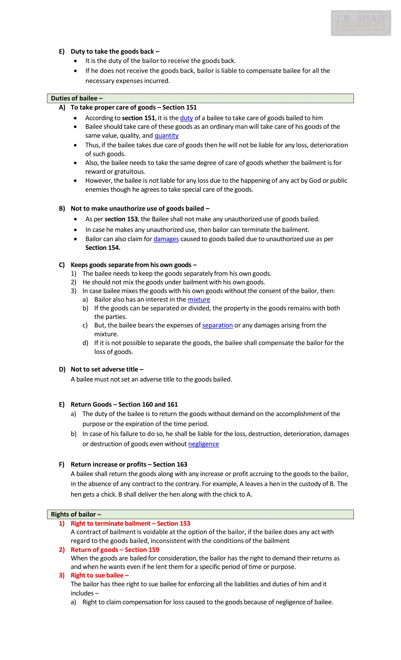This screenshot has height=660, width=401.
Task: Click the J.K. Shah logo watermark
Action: click(361, 23)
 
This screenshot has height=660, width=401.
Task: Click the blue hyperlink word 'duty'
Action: click(186, 118)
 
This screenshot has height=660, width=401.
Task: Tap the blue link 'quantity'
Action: click(166, 135)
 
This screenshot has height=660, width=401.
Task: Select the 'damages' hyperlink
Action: click(166, 239)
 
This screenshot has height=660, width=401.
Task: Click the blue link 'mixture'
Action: click(199, 299)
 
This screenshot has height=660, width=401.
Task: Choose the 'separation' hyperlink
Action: click(217, 325)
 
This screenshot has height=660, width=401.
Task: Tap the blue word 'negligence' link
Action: click(203, 444)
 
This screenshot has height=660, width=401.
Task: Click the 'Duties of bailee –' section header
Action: click(77, 98)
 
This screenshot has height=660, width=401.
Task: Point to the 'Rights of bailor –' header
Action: click(76, 514)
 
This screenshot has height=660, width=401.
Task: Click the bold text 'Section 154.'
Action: click(103, 248)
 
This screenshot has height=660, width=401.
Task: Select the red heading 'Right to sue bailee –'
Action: click(99, 575)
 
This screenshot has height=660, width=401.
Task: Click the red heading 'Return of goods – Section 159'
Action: click(115, 550)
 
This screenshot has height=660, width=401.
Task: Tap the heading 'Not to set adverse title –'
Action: click(107, 369)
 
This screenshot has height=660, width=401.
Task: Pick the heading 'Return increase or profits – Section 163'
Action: click(129, 464)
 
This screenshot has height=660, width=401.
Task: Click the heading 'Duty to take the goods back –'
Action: click(115, 51)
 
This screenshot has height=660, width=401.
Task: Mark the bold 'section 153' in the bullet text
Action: click(121, 219)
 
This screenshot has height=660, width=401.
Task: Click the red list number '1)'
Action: click(62, 523)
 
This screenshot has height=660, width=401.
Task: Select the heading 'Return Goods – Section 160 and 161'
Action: click(124, 404)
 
